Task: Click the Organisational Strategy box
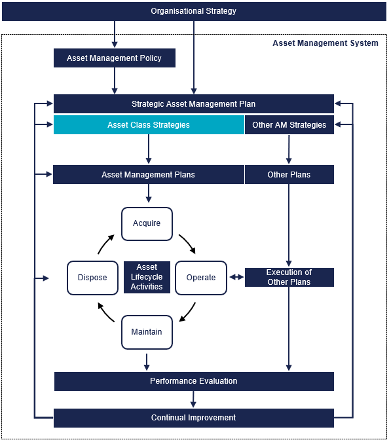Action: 194,11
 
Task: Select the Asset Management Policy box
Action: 115,58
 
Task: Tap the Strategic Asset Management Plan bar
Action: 194,104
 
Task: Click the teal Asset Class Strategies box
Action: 149,125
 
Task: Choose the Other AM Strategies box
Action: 289,125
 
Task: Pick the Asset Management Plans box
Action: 148,175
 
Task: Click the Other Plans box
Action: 289,175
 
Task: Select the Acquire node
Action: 147,223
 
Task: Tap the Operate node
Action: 201,278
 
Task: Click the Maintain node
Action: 147,332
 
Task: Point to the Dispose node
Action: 92,278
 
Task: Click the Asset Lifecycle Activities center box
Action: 147,277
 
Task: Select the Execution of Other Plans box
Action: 289,277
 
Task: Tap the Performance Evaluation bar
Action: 194,381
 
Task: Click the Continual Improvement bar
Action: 194,418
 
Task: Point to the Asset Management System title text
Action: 325,43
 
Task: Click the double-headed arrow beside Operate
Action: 236,278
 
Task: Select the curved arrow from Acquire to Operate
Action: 187,244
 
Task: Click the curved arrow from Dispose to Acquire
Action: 105,244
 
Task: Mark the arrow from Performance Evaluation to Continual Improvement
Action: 194,399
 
